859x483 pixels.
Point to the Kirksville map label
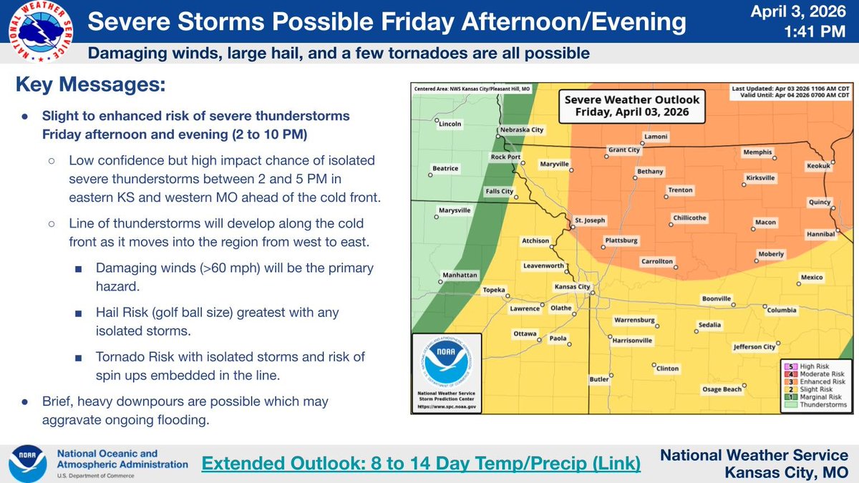tap(760, 177)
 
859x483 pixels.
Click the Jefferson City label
tap(754, 347)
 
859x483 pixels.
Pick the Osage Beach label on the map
tap(722, 389)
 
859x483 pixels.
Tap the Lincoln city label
tap(450, 124)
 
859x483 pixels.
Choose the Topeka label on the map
tap(495, 290)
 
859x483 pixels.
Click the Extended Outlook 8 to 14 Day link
tap(421, 463)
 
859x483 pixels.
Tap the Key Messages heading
tap(90, 86)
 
